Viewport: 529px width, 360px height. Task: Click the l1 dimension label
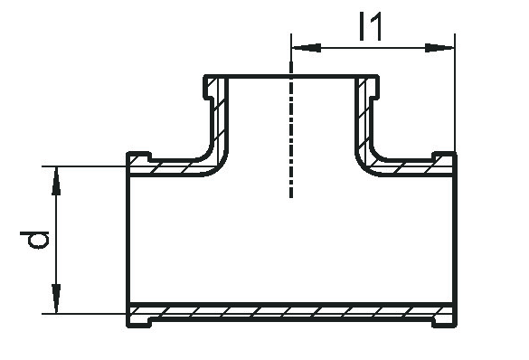pos(371,26)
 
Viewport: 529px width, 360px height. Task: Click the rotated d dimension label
pos(34,240)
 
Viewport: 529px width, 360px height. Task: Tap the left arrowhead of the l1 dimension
pos(307,48)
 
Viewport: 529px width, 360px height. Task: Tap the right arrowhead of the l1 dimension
pos(439,48)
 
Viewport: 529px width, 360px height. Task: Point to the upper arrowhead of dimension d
pos(56,181)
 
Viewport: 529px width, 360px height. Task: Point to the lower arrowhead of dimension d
pos(56,298)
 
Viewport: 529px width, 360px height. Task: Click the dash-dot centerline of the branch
pos(291,129)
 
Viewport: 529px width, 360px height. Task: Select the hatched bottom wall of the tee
pos(291,312)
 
